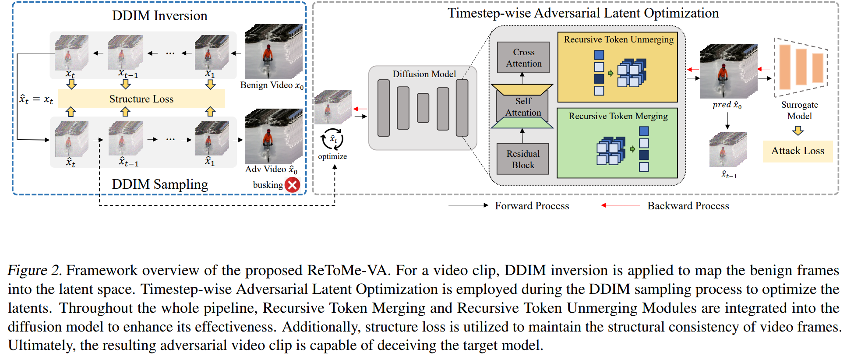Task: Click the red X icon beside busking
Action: pyautogui.click(x=293, y=185)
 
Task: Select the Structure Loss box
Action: pyautogui.click(x=141, y=99)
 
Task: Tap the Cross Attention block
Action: pyautogui.click(x=523, y=57)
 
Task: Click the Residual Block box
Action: pyautogui.click(x=523, y=159)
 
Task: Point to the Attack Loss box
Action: pyautogui.click(x=798, y=151)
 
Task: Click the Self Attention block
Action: pyautogui.click(x=523, y=107)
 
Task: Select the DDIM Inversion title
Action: pyautogui.click(x=159, y=16)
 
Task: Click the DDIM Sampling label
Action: pyautogui.click(x=159, y=184)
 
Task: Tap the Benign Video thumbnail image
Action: pyautogui.click(x=273, y=52)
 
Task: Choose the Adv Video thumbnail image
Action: pyautogui.click(x=273, y=136)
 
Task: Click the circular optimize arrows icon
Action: pyautogui.click(x=332, y=139)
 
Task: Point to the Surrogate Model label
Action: pyautogui.click(x=799, y=110)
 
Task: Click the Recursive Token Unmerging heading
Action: pyautogui.click(x=618, y=39)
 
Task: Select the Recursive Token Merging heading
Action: pyautogui.click(x=618, y=116)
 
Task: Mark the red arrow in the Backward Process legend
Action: pyautogui.click(x=621, y=205)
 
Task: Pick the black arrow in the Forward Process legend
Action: pyautogui.click(x=468, y=205)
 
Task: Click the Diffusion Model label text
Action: pyautogui.click(x=424, y=74)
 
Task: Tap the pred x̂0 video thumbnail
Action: pyautogui.click(x=728, y=71)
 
